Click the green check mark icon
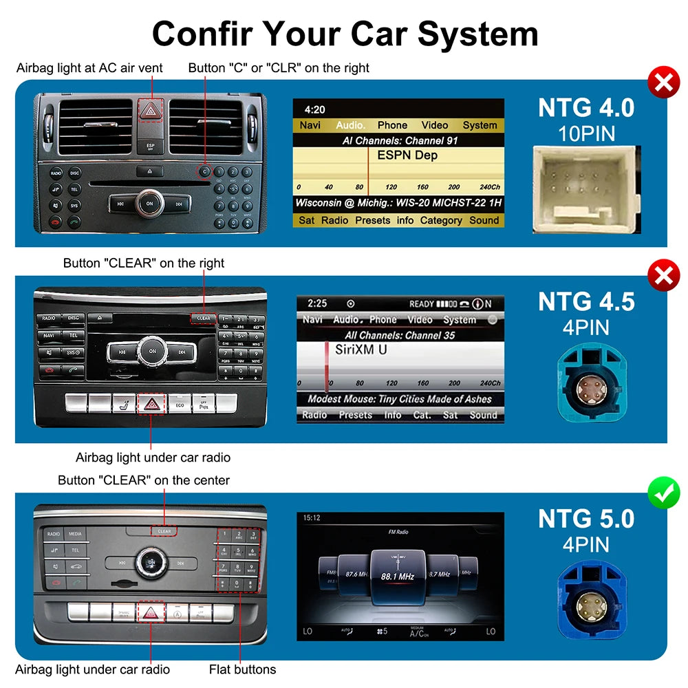click(663, 493)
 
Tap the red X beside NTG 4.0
click(663, 83)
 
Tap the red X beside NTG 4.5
click(663, 277)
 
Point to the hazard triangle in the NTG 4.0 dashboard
click(150, 110)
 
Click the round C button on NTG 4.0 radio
click(205, 171)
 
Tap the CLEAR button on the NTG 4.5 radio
click(204, 318)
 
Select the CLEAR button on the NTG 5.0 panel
click(164, 531)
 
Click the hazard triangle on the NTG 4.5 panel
click(150, 404)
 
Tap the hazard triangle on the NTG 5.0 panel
click(149, 612)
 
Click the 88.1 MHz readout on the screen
click(398, 575)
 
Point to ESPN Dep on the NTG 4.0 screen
click(407, 155)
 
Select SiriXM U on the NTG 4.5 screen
click(361, 350)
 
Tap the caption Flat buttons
click(242, 669)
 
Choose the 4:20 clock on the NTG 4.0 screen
click(314, 109)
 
